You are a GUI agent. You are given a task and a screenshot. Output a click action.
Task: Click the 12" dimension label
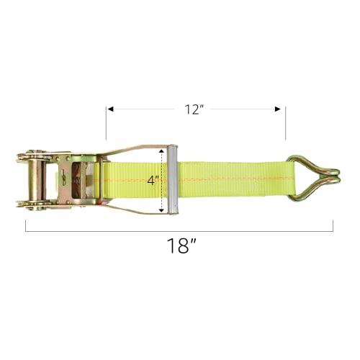(195, 109)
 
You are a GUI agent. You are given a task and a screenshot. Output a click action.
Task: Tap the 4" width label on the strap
(153, 180)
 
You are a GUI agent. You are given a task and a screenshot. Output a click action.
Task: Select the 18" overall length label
(180, 246)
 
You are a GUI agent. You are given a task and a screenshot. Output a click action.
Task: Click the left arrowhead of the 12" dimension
(109, 109)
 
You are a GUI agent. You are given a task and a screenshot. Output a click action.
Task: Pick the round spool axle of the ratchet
(34, 179)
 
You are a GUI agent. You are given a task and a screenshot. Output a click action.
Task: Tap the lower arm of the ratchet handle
(130, 210)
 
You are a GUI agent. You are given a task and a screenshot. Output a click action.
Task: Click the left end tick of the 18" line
(27, 226)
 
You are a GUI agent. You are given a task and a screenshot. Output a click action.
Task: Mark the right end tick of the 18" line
(333, 226)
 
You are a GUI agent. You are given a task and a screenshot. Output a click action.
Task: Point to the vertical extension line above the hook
(285, 123)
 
